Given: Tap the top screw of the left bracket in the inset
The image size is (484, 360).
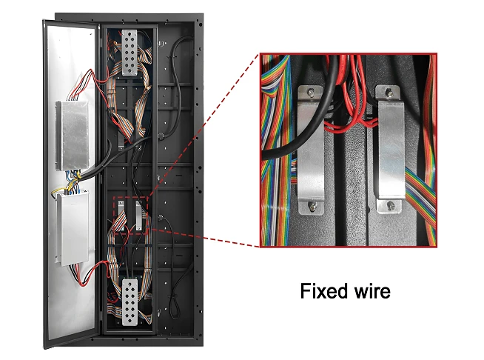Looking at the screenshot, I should (x=312, y=93).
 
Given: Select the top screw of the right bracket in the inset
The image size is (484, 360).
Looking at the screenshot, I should (x=386, y=94).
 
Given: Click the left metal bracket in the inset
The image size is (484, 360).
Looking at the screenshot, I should (x=312, y=148).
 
